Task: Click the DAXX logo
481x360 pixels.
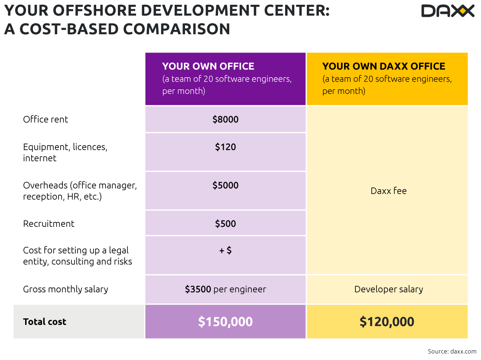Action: click(x=448, y=11)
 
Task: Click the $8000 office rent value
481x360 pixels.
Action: click(x=225, y=119)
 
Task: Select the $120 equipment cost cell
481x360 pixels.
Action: click(x=225, y=147)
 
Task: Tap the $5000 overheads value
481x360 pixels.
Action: click(x=225, y=185)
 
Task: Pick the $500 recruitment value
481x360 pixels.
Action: click(x=225, y=224)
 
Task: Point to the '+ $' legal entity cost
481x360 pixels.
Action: click(x=225, y=250)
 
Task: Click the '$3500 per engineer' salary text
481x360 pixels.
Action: click(x=225, y=289)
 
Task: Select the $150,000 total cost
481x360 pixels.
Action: click(x=225, y=321)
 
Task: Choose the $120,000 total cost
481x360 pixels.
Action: click(x=387, y=321)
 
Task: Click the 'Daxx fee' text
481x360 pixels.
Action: click(x=389, y=191)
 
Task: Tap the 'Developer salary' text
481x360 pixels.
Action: click(x=389, y=289)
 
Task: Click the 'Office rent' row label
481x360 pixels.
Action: click(x=45, y=119)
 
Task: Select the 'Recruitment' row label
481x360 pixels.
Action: click(x=49, y=224)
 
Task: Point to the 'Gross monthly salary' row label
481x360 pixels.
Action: click(x=65, y=289)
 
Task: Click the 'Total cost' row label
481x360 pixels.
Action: click(x=45, y=322)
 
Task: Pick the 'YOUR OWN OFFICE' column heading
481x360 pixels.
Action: click(x=208, y=66)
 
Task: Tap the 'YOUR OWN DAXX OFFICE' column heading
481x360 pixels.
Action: click(x=383, y=66)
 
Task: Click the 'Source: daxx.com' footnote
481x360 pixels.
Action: click(x=452, y=351)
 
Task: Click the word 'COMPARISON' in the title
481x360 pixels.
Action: click(x=176, y=29)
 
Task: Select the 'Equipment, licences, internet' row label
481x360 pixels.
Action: click(x=65, y=152)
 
